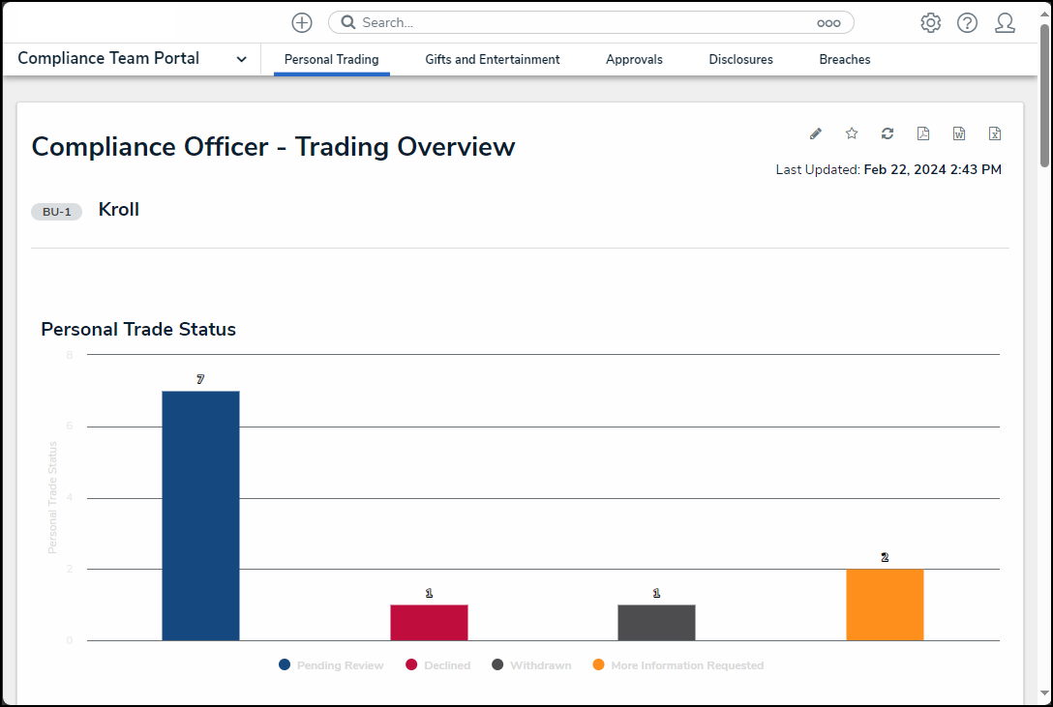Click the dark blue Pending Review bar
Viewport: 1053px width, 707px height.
200,516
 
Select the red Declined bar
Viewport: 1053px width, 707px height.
429,622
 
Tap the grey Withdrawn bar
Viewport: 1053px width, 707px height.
656,622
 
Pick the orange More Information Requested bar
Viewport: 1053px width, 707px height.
885,604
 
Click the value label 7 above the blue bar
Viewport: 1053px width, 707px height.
200,380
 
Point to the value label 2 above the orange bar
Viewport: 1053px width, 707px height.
885,558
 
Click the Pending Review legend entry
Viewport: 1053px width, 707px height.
331,665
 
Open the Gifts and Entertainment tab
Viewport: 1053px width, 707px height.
492,60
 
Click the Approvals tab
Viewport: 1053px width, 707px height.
634,60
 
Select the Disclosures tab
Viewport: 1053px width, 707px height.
740,60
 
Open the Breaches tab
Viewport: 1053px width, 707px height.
844,60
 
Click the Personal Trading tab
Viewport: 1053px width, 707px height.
331,60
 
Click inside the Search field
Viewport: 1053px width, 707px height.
581,22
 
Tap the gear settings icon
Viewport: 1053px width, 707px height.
930,23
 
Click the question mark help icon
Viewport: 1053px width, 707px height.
967,23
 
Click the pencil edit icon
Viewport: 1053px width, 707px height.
815,133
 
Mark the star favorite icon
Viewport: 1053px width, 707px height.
852,133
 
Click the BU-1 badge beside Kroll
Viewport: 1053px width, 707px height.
56,212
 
